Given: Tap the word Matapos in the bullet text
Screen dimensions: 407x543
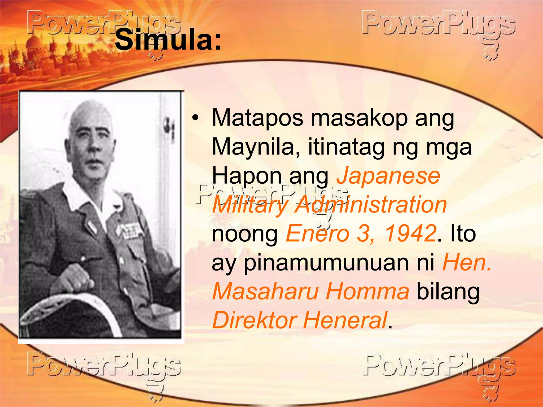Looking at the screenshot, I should [x=257, y=118].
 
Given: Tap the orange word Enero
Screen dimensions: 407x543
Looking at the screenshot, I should [x=317, y=233].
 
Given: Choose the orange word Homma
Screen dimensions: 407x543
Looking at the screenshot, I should [x=367, y=291].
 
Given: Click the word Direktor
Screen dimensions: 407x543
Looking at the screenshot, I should [x=255, y=320].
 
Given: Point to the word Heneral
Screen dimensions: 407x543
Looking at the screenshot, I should [x=345, y=320].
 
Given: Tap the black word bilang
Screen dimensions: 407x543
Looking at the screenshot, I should [x=448, y=291].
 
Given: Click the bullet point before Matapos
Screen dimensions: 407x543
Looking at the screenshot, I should [x=195, y=118].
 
